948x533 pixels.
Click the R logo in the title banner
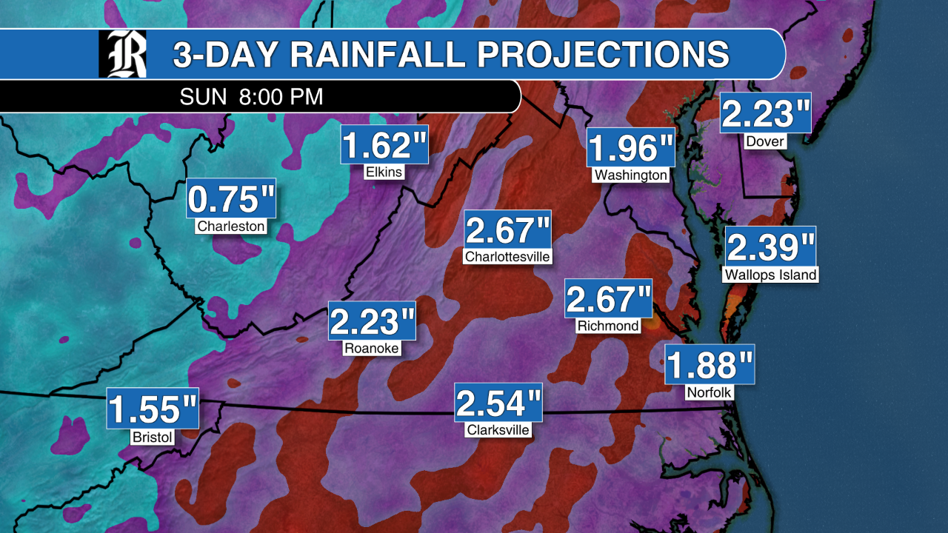[x=123, y=54]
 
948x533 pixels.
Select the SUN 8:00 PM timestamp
[x=252, y=97]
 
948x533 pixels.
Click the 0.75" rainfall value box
[x=231, y=198]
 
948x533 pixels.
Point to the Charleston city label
[x=231, y=226]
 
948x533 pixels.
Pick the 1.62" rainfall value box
[x=384, y=144]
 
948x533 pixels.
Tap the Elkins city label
[x=384, y=172]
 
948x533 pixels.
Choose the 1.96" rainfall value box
[x=631, y=147]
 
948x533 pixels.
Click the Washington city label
[x=631, y=175]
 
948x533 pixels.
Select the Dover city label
[x=766, y=141]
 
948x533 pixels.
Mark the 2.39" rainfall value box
[x=770, y=246]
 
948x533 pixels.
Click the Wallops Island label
[x=770, y=275]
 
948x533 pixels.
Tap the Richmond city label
[x=607, y=325]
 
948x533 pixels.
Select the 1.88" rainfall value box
[x=710, y=364]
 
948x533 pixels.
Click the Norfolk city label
[x=709, y=392]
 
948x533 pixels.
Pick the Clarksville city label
[x=499, y=429]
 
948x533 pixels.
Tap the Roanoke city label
[x=372, y=348]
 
